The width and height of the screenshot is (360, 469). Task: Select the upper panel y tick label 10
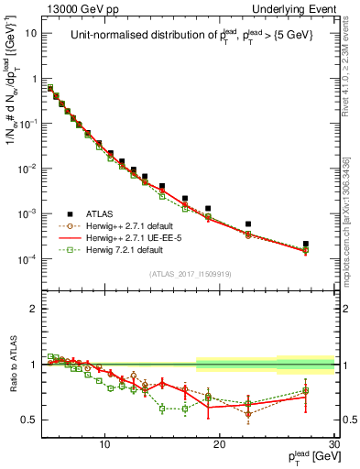(31, 33)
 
